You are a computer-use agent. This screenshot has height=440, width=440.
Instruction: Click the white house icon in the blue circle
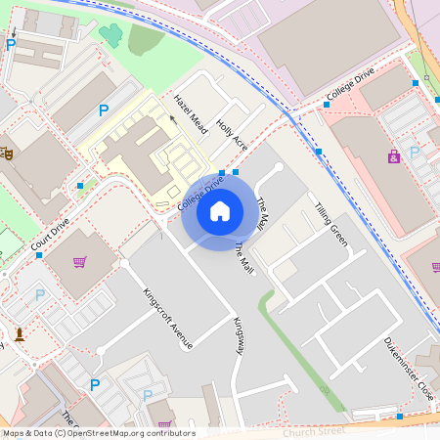tap(220, 210)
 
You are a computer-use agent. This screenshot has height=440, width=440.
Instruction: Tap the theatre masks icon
tap(6, 153)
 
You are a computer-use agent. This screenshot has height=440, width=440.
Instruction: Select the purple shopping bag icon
tap(394, 156)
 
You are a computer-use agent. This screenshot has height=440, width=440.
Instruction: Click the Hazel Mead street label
tap(191, 113)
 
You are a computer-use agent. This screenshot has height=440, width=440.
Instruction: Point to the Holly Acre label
tap(233, 135)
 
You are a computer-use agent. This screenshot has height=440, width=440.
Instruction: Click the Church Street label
tap(314, 429)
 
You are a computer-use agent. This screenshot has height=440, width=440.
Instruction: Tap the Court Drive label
tap(51, 233)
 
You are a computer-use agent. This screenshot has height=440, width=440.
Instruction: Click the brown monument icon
tap(19, 334)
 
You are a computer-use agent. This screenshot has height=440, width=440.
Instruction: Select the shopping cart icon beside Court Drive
tap(80, 262)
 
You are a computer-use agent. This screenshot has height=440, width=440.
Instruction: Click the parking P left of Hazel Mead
tap(103, 110)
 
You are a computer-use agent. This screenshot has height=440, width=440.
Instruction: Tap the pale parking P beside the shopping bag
tap(415, 152)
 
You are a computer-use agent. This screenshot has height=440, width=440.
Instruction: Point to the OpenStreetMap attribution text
tap(98, 432)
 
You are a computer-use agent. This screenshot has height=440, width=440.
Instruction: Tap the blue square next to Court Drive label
tap(39, 254)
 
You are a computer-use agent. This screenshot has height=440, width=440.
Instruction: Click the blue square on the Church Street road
tap(399, 417)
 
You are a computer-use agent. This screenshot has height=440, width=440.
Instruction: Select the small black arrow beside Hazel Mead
tap(173, 119)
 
